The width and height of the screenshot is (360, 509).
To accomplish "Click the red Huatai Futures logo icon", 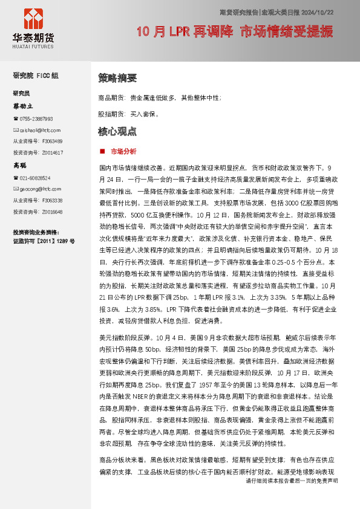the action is (x=33, y=20).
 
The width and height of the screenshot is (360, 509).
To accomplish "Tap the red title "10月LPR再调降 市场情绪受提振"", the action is (x=235, y=32).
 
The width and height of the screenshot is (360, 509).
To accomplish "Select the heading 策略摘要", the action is (x=117, y=79).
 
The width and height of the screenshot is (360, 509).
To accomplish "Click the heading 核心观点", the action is (x=117, y=131).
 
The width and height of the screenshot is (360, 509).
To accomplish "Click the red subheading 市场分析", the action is (x=123, y=151).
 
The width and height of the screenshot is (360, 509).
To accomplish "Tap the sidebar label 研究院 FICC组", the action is (x=36, y=76).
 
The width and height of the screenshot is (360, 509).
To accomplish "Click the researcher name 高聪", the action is (x=21, y=165).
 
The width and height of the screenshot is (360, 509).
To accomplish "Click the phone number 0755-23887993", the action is (x=36, y=119).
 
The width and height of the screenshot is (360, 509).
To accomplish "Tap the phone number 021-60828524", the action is (x=36, y=178).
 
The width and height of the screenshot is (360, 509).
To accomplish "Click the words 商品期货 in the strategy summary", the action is (x=111, y=97).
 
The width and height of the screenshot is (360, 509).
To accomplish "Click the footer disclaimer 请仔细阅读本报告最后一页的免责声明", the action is (x=292, y=497).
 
